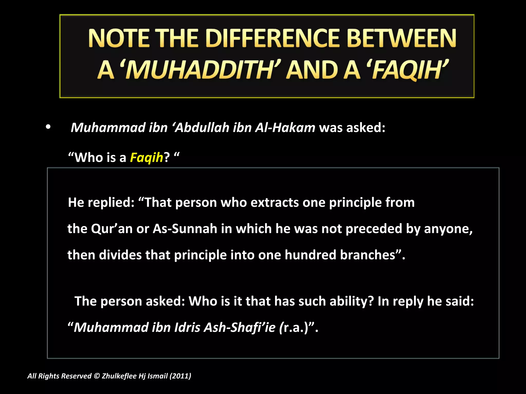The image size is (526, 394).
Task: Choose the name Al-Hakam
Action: (285, 127)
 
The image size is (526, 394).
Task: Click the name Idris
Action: (187, 328)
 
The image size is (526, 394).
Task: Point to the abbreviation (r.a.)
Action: (294, 328)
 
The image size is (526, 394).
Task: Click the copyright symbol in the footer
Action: (97, 376)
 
